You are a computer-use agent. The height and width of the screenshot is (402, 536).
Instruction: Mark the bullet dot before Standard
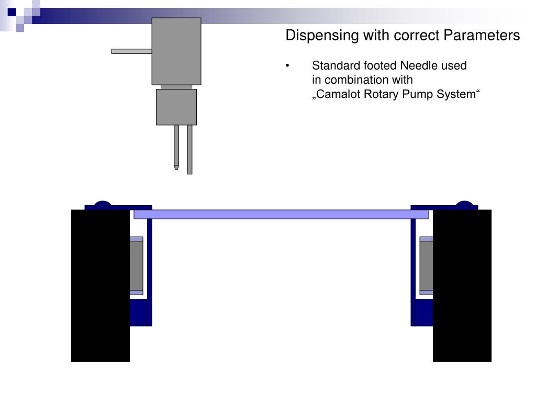[x=288, y=66]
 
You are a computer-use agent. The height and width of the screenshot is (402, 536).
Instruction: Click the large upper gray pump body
[x=176, y=51]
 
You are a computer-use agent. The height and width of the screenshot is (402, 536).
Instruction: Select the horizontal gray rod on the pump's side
[x=131, y=51]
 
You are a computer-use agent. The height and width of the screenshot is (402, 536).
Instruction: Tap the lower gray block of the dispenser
[x=176, y=107]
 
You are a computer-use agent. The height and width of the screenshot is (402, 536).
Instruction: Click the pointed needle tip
[x=176, y=167]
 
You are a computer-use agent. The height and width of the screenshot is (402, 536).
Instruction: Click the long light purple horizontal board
[x=281, y=214]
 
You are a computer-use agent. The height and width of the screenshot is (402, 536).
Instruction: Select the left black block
[x=100, y=285]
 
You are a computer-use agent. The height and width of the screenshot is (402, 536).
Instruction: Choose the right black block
[x=462, y=285]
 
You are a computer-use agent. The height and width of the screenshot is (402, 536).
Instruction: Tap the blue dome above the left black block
[x=103, y=204]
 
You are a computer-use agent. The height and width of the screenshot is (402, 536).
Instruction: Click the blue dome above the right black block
[x=464, y=204]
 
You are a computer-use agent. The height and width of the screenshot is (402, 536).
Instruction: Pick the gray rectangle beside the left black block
[x=136, y=265]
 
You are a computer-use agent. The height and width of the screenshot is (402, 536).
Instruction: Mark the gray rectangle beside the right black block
[x=426, y=265]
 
